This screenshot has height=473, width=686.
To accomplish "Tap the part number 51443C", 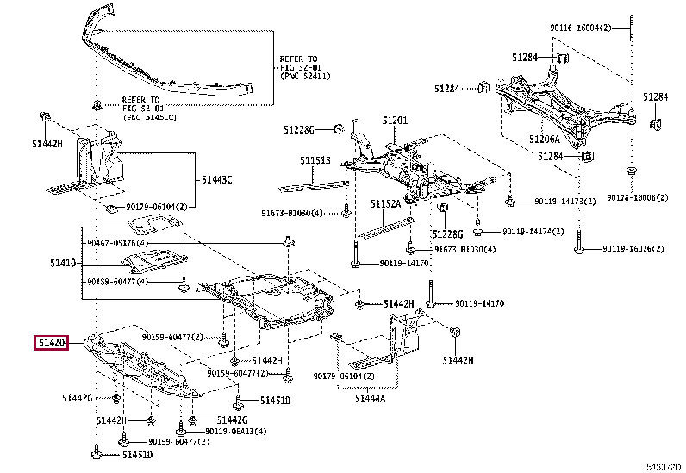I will coord(218,180).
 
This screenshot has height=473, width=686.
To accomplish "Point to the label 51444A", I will coord(371,398).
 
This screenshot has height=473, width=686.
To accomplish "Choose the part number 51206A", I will coord(544,140).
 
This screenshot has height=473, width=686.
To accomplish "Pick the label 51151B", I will coord(315,160).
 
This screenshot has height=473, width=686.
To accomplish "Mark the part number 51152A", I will coord(386,204).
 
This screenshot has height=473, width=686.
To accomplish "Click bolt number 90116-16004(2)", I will coord(580,28).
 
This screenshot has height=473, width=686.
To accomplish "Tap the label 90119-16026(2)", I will coord(633,249).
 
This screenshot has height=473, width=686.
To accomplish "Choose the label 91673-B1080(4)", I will coord(293,212).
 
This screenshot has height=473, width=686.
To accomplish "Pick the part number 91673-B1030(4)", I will coord(465,250).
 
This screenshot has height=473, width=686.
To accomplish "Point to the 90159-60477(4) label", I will coord(117,282).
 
